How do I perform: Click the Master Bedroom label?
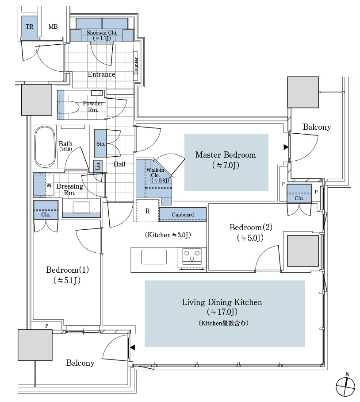(x=226, y=155)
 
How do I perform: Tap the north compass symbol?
(x=345, y=386)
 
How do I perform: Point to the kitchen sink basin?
(x=154, y=257)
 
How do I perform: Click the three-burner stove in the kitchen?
(x=192, y=256)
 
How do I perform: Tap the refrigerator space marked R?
(x=148, y=211)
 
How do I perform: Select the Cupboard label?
(x=183, y=215)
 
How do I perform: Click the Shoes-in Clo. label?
(x=101, y=32)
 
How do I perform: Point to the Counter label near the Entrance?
(x=136, y=66)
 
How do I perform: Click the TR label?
(x=30, y=27)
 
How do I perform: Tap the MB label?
(x=53, y=27)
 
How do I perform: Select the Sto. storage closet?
(x=100, y=143)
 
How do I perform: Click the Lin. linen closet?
(x=98, y=166)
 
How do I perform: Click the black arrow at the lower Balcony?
(x=131, y=348)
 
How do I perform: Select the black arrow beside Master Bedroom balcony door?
(x=286, y=147)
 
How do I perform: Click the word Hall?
(x=119, y=164)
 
